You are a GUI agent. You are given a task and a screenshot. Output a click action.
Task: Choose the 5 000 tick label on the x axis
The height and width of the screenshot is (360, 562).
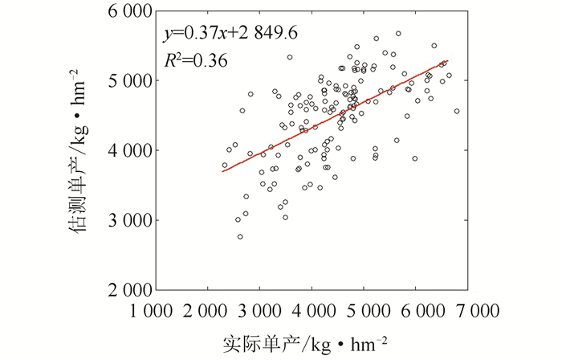coord(364,310)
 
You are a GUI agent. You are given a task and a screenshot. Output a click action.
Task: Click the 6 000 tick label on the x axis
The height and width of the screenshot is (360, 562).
coord(416,310)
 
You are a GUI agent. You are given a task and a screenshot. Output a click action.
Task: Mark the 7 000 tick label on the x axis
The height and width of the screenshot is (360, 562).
coord(468,310)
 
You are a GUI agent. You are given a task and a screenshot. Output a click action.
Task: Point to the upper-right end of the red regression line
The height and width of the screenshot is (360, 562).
coord(447,60)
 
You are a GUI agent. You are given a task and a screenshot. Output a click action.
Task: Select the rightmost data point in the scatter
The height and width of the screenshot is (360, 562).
coord(457,111)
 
